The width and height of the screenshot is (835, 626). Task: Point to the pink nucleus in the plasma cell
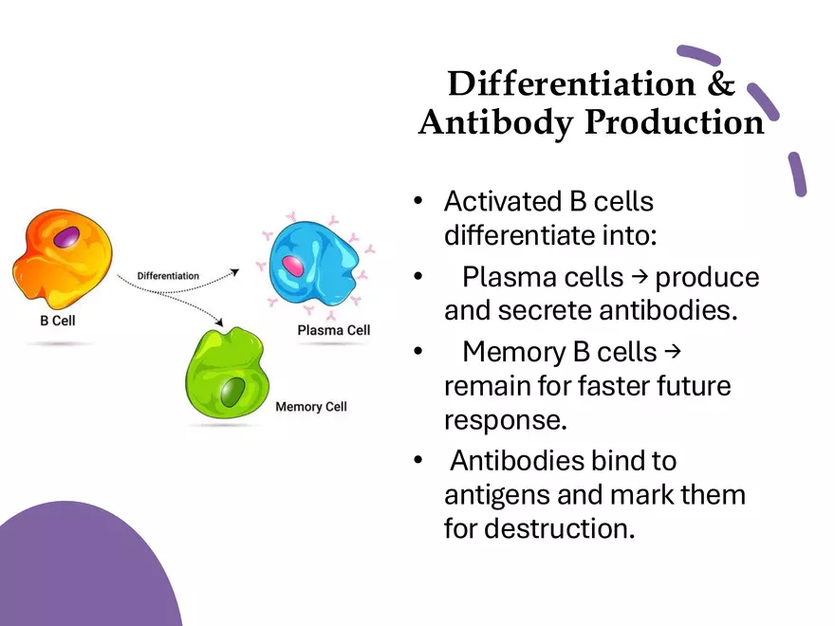[x=294, y=267]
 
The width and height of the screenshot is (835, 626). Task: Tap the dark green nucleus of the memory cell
[x=232, y=391]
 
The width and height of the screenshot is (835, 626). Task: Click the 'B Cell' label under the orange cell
[x=57, y=321]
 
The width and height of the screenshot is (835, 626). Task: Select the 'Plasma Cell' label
[x=334, y=330]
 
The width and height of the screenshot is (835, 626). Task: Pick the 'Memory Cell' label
[x=311, y=407]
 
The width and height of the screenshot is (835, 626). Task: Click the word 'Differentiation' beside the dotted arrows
[x=168, y=276]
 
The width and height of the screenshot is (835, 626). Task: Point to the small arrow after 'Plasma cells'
[x=640, y=276]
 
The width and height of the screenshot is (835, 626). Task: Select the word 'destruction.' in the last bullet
[x=559, y=528]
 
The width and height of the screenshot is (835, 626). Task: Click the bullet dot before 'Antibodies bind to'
[x=418, y=461]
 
